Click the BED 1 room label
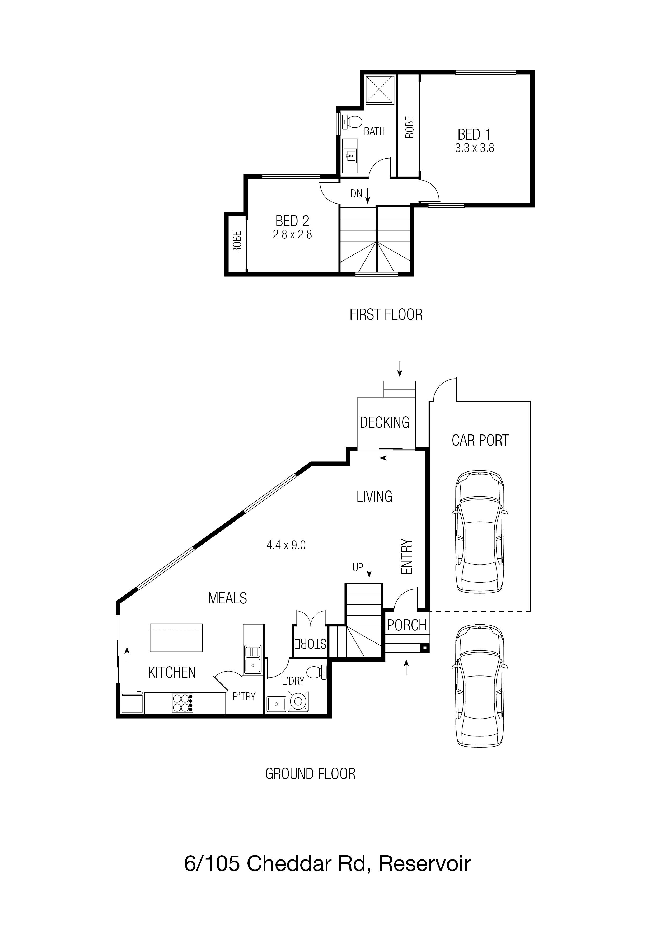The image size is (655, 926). [x=474, y=134]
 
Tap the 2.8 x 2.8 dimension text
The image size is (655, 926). [x=292, y=234]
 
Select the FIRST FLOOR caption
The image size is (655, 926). [x=386, y=315]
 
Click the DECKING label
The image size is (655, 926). [x=385, y=422]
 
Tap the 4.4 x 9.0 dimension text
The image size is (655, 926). [x=286, y=545]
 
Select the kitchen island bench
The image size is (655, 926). [x=176, y=638]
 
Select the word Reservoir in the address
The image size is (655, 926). [x=424, y=864]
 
